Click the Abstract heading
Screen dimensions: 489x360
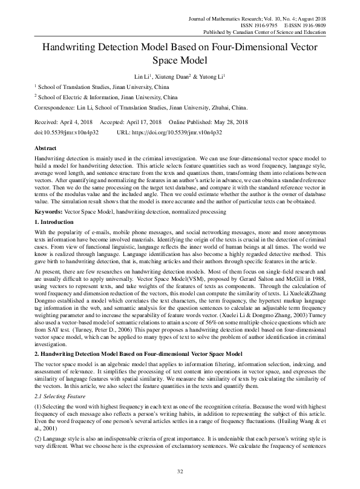(x=47, y=148)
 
